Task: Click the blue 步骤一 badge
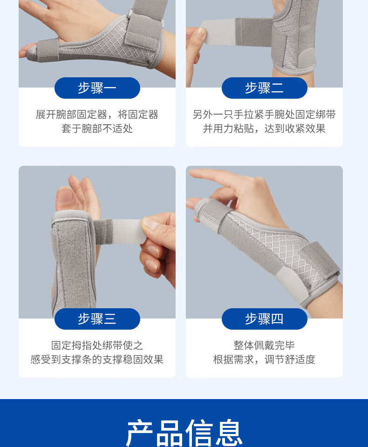click(97, 88)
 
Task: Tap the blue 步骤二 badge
click(265, 88)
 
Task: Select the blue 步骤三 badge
click(97, 318)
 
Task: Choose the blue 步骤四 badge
click(265, 318)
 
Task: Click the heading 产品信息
click(184, 433)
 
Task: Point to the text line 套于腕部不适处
click(97, 129)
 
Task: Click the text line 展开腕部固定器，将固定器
click(97, 115)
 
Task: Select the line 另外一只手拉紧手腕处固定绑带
click(264, 115)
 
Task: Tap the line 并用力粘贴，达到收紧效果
click(264, 129)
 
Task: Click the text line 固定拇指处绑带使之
click(97, 345)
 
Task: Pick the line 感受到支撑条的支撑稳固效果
click(97, 359)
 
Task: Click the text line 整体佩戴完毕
click(264, 345)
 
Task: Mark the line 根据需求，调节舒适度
click(264, 359)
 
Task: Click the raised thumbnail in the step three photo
click(65, 196)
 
